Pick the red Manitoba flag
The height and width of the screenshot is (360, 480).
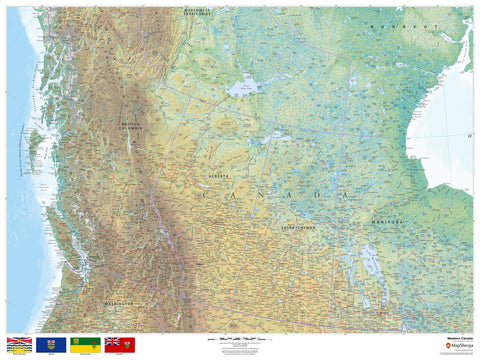(119, 343)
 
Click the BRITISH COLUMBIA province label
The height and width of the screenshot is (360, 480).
(131, 118)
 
